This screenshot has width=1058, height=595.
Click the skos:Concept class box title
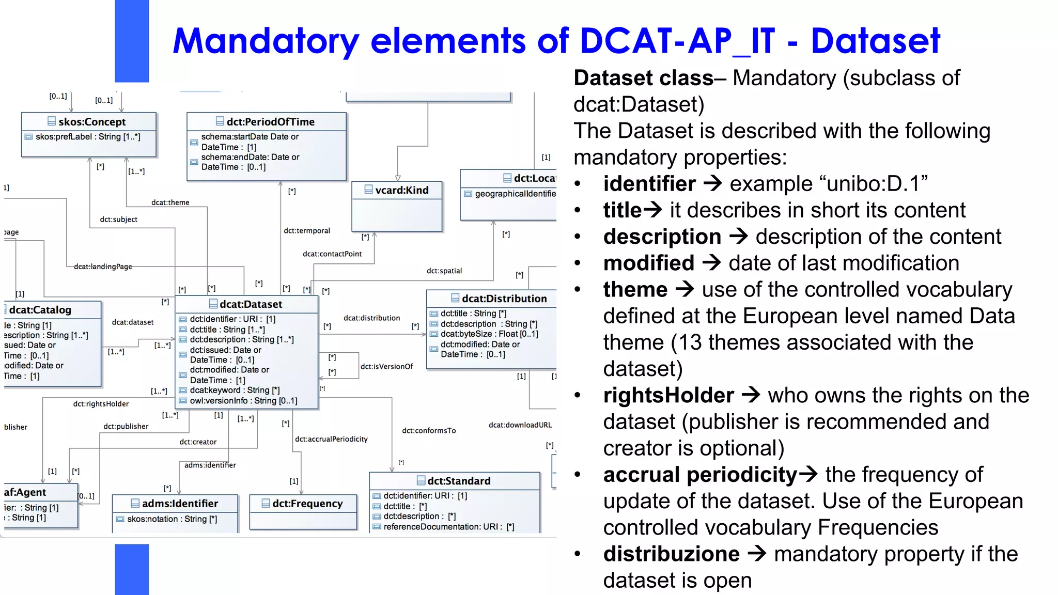click(91, 122)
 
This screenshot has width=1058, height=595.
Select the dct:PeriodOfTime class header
click(270, 122)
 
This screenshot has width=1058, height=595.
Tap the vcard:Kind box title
click(401, 190)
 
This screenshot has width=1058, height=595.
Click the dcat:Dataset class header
click(251, 304)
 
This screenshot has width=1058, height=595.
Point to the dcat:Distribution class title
click(504, 299)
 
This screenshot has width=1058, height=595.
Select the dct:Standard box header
click(459, 481)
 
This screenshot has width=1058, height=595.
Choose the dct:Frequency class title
click(307, 504)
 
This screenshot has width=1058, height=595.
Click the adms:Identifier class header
click(179, 504)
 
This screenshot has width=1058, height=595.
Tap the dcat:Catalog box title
click(40, 310)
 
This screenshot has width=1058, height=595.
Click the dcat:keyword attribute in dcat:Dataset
click(235, 390)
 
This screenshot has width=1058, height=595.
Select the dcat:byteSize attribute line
click(489, 334)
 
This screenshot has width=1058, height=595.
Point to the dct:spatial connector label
click(444, 271)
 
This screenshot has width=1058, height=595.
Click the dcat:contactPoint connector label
click(332, 254)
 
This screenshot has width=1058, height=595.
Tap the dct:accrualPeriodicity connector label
click(331, 439)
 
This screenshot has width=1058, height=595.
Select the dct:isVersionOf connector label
click(386, 367)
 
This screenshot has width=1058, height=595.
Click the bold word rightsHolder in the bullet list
click(668, 396)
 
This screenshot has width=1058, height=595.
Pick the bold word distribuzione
click(672, 554)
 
